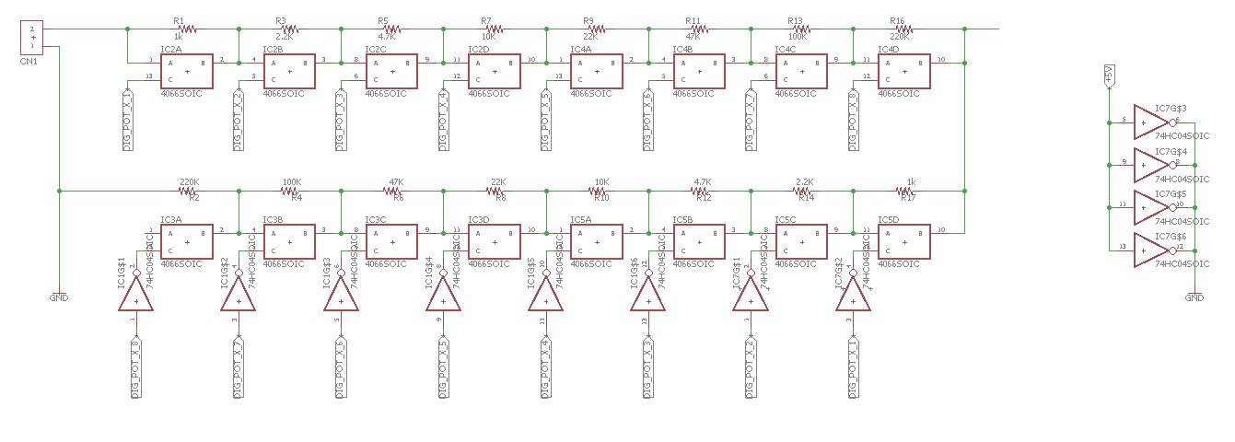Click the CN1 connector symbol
(x=31, y=38)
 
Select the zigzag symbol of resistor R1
(x=179, y=29)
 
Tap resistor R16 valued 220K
(x=897, y=29)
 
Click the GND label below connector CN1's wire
(x=58, y=297)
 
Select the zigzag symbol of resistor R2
(x=191, y=191)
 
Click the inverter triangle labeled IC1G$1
(x=135, y=295)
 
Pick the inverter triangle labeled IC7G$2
(x=853, y=295)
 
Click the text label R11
(x=693, y=20)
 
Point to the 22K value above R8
(x=498, y=182)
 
